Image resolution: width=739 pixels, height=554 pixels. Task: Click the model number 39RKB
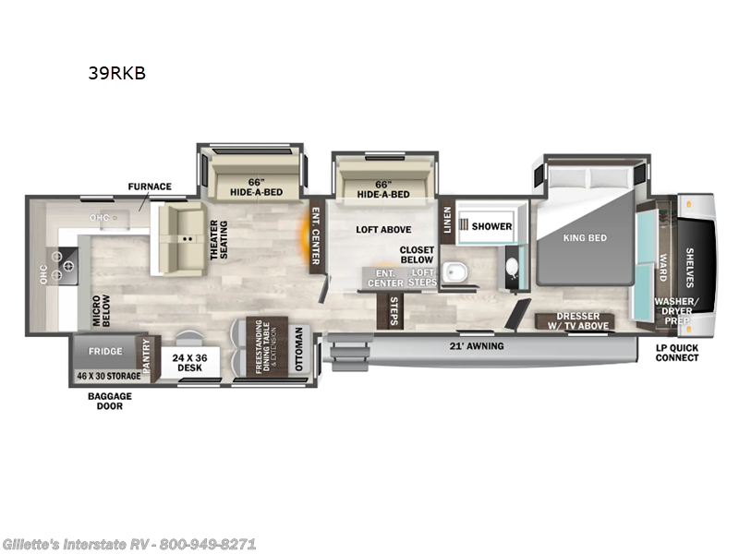coord(116,73)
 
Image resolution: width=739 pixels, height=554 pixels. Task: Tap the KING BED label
coord(585,237)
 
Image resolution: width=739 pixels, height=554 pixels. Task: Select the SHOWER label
coord(491,226)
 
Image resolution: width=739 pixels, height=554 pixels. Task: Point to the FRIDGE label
coord(104,352)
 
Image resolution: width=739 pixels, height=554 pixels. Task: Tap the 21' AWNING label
coord(478,346)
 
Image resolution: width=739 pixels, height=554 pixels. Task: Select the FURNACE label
coord(150,187)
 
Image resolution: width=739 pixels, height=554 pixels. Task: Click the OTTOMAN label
coord(298,348)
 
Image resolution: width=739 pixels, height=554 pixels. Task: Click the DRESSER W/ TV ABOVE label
coord(577,320)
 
